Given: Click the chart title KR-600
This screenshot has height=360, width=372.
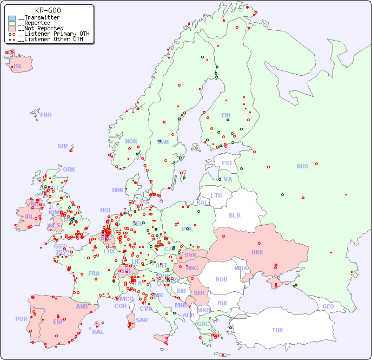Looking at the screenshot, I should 48,10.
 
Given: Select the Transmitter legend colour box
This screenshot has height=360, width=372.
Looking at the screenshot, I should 12,18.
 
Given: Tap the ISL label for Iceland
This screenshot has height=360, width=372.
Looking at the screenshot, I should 18,67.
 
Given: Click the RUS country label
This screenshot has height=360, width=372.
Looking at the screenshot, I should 302,166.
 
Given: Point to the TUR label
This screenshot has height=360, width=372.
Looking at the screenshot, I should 277,330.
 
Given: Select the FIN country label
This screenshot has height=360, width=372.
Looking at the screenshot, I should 226,115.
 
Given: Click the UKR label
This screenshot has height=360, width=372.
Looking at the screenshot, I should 257,252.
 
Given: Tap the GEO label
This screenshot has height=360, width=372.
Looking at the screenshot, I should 328,306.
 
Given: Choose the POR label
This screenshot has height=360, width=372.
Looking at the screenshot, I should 21,319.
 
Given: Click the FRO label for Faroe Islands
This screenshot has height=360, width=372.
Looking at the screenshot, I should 46,115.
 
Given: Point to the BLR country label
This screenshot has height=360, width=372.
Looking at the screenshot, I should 235,215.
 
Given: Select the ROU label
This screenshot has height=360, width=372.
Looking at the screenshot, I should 221,279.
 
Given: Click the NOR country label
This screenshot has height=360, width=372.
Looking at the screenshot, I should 131,141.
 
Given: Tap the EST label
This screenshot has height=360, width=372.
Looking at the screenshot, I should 227,163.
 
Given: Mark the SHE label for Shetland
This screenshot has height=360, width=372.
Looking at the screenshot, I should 63,146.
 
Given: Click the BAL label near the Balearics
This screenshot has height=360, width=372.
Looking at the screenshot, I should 98,332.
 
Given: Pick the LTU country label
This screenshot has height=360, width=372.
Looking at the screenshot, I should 216,195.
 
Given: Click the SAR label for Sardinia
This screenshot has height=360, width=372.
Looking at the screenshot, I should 142,320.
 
